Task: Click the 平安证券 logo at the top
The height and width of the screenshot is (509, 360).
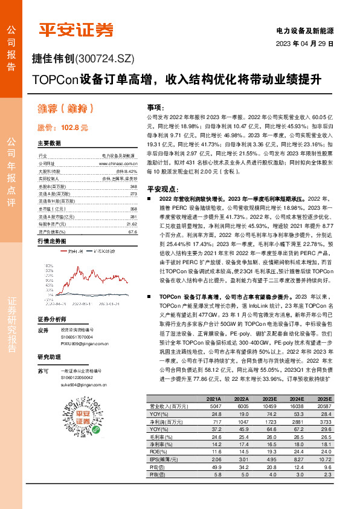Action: (x=76, y=30)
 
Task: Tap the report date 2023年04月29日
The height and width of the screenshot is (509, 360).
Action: (x=304, y=44)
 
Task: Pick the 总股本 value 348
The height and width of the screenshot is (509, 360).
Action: (x=133, y=187)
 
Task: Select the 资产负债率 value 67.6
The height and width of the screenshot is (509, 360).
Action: (x=133, y=231)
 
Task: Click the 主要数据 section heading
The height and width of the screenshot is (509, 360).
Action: (x=49, y=144)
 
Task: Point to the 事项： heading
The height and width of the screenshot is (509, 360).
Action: (x=156, y=106)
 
